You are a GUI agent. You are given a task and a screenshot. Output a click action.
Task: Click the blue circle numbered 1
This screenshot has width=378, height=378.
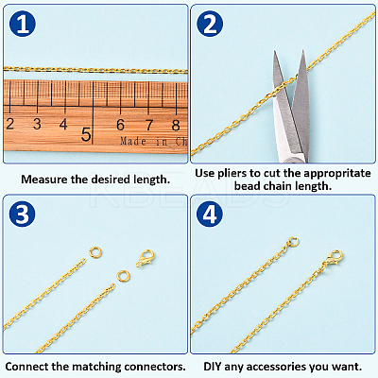click(x=23, y=24)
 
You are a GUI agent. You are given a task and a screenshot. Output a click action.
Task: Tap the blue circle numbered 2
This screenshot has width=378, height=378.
click(x=210, y=24)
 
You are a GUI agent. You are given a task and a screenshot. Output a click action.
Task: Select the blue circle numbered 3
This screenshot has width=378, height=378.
click(x=23, y=215)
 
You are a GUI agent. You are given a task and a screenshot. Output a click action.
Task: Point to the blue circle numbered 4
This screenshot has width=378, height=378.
click(x=210, y=215)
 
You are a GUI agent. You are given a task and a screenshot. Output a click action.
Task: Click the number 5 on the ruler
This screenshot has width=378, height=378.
click(x=86, y=134)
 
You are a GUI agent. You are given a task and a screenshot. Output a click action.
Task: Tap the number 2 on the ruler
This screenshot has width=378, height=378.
click(x=9, y=124)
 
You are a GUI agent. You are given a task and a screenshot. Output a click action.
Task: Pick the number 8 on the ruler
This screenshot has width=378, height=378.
click(x=176, y=126)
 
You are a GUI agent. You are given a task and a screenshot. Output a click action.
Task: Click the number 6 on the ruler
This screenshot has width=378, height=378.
click(x=120, y=125)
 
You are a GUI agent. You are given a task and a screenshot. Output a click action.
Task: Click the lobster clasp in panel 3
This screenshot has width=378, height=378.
click(x=145, y=258)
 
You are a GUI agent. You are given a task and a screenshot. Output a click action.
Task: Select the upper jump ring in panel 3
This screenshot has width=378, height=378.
click(x=95, y=252)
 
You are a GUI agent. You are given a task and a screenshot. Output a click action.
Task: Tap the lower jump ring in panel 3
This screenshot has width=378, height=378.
click(x=123, y=276)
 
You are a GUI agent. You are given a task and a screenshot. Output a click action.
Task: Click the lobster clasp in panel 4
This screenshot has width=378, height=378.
click(x=335, y=258)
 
